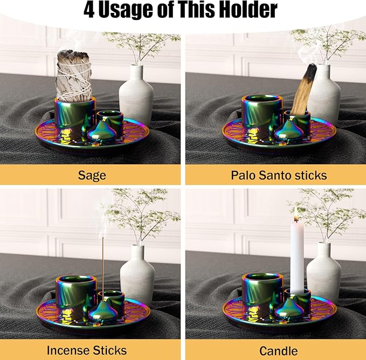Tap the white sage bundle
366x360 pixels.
tap(74, 75)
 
